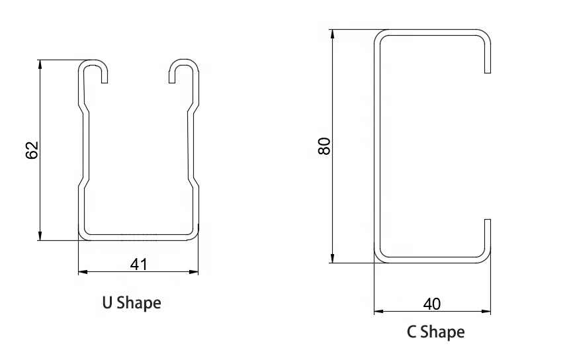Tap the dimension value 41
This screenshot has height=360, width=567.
point(138,264)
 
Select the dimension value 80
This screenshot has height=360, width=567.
point(324,146)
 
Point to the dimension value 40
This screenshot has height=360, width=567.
point(431,304)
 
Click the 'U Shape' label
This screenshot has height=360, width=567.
point(131,303)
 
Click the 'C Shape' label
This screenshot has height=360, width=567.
point(435,331)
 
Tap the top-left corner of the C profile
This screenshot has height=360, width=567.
point(378,34)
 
